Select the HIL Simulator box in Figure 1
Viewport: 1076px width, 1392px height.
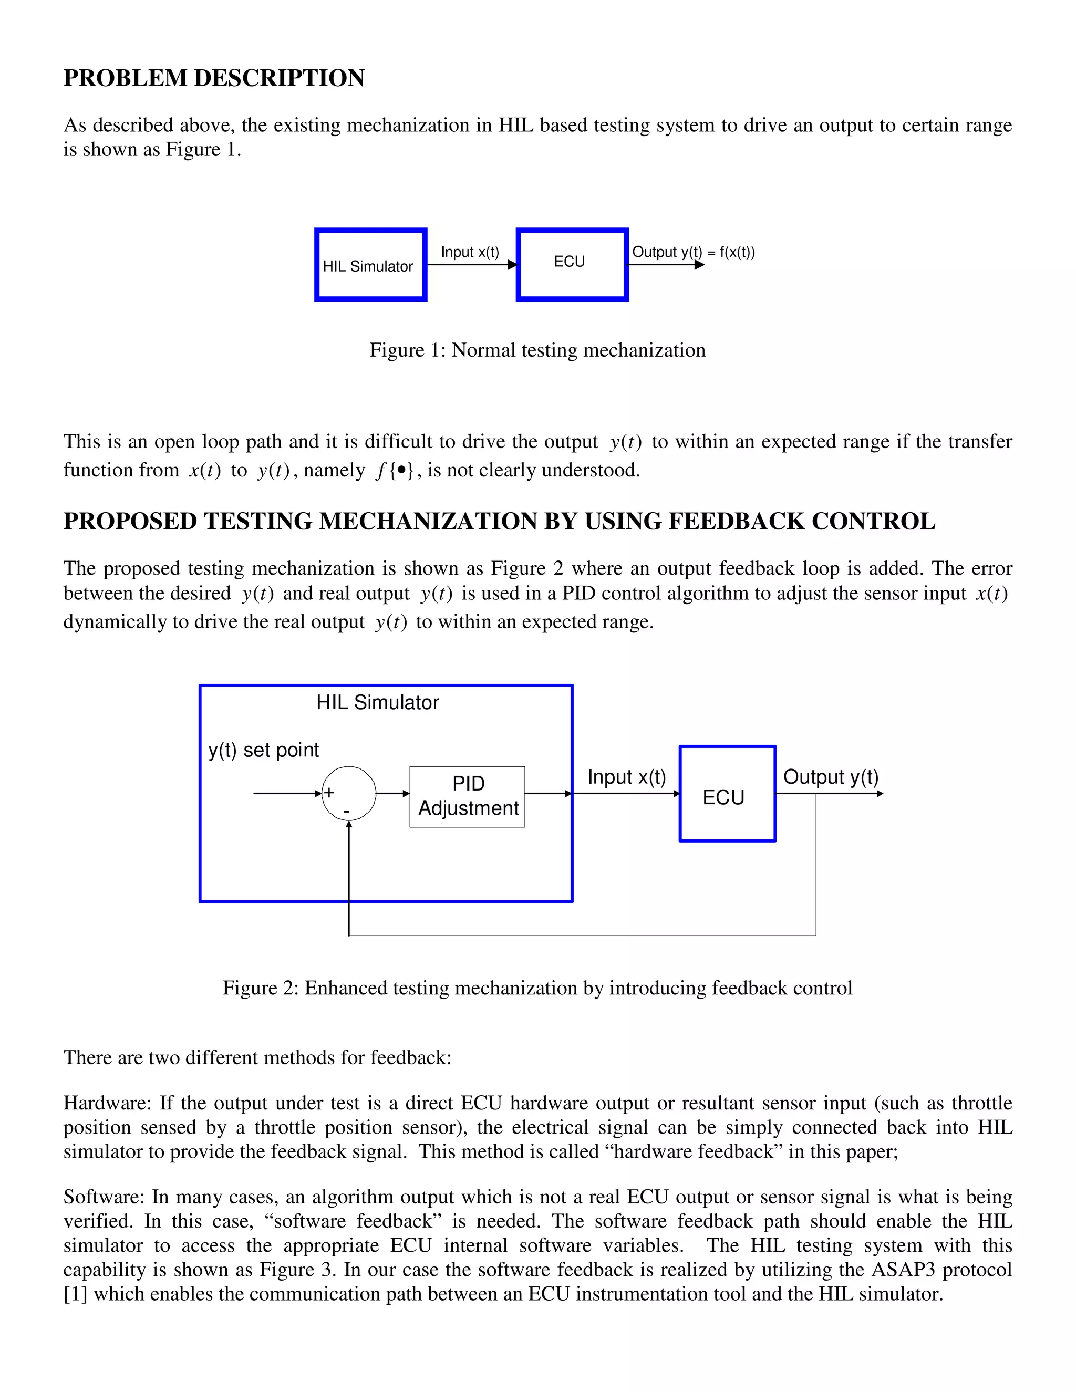(370, 265)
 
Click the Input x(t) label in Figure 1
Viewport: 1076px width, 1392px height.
(470, 252)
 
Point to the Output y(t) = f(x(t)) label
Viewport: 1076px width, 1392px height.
(693, 252)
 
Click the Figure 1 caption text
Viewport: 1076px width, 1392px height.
(537, 350)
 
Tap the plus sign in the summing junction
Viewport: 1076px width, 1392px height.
(329, 792)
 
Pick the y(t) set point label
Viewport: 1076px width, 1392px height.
(263, 750)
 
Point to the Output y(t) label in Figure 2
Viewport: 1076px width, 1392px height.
(830, 776)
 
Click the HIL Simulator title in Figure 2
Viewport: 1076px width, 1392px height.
(377, 702)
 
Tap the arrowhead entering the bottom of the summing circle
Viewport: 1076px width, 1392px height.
(349, 825)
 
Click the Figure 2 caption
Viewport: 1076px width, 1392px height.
(537, 988)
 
